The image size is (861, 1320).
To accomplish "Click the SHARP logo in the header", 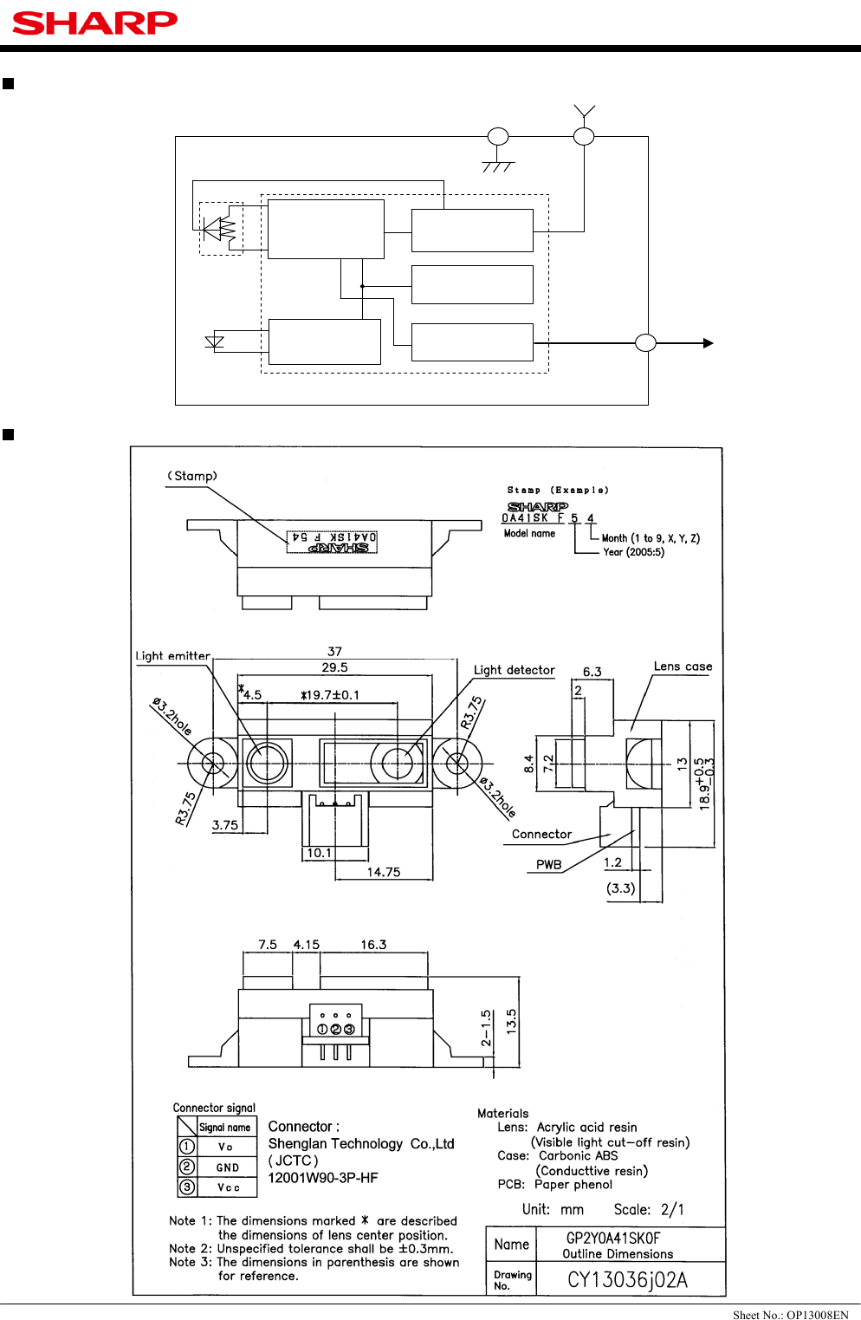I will coord(94,23).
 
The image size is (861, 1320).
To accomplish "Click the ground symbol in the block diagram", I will coord(498,166).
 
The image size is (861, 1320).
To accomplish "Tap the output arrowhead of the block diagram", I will coord(708,343).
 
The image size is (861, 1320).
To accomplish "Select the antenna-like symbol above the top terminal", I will coord(585,112).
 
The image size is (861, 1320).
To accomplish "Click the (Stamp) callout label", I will coord(192,476).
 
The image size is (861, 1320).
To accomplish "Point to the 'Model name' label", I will coord(529,534).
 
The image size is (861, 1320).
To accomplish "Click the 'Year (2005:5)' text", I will coord(633,552).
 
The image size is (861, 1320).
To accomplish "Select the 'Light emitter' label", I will coord(172,656).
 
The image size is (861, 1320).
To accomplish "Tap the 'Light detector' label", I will coord(514,670).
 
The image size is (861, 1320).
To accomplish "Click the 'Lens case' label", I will coord(683,667).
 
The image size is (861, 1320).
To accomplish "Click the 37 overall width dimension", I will coord(334,651).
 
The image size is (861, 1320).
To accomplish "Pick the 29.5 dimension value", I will coord(334,667).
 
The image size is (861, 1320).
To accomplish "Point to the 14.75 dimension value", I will coord(383,872).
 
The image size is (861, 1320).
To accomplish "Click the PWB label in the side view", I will coord(548,864).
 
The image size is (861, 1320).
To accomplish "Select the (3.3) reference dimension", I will coord(620,888).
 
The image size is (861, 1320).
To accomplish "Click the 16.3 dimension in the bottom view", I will coord(373,945).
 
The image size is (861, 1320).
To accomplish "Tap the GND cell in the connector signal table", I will coord(227,1167).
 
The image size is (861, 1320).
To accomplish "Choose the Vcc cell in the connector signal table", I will coord(228,1187).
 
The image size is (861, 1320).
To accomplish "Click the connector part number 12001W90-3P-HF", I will coord(323,1178).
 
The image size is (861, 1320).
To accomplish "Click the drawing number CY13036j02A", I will coord(627,1280).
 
